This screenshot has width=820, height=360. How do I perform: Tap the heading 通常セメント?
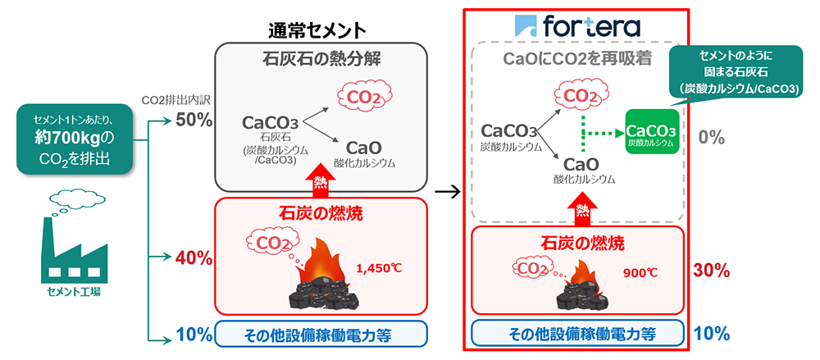[x=317, y=30]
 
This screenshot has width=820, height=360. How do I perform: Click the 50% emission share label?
[x=194, y=121]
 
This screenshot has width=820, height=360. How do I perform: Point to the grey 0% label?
[x=710, y=137]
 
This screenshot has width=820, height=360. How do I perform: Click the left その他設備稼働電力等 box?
[x=322, y=334]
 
